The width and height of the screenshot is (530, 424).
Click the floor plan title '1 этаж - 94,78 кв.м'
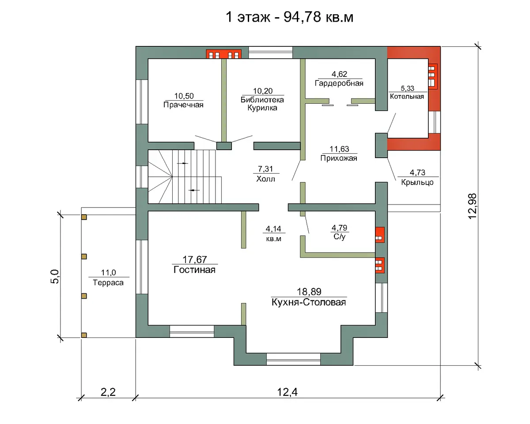coord(290,17)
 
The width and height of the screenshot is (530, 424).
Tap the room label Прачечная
coord(183,105)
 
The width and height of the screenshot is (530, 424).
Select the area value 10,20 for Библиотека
coord(263,91)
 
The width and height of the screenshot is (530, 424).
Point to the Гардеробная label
coord(339,83)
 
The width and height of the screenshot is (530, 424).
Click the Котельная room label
coord(407,96)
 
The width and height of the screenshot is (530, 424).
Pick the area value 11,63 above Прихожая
coord(339,149)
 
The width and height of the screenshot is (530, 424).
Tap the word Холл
coord(265,179)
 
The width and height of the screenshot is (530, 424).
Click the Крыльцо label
coord(417,182)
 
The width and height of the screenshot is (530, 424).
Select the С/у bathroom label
coord(339,237)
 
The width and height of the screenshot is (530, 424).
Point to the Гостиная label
coord(195,270)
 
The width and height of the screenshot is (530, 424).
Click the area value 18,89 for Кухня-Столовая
coord(309,291)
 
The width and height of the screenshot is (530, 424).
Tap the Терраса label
coord(108,283)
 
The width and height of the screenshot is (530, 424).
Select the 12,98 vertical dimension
coord(473,206)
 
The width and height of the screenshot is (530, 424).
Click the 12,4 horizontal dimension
coord(288,392)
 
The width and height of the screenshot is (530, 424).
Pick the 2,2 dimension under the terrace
coord(108,392)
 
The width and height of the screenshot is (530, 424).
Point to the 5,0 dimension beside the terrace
coord(55,276)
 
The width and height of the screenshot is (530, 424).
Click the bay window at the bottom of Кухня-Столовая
coord(293,359)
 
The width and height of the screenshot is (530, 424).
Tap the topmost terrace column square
coord(84,217)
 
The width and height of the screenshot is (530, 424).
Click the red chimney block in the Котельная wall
coord(433,76)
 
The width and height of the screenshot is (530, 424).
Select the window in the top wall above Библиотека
coord(270,53)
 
